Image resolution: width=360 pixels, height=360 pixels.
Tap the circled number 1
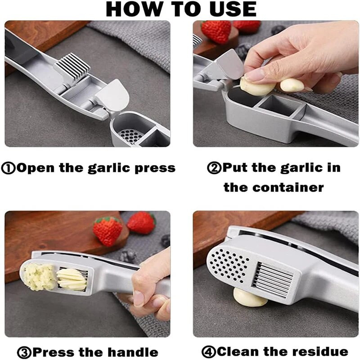pos(8,168)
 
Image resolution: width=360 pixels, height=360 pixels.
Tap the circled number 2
pos(214,168)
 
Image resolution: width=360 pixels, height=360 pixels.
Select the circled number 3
pos(24,352)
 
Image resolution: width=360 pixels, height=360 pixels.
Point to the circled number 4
pos(209,351)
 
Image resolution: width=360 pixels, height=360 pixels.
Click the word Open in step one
pos(36,168)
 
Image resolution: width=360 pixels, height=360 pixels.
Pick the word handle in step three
pos(133,352)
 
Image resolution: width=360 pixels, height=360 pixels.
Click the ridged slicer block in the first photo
pos(72,67)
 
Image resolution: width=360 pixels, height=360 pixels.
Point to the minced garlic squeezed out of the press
pos(39,277)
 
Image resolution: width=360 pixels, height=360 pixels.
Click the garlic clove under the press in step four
pos(250,298)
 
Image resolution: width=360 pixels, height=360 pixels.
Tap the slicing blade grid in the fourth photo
pos(273,279)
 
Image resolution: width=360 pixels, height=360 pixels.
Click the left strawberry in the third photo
pos(107,230)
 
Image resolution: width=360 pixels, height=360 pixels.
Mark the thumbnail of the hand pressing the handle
pos(139,298)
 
